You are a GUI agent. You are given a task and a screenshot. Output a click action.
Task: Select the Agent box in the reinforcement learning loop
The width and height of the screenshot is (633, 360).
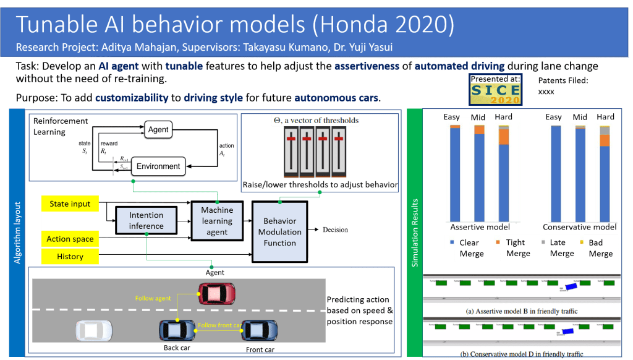pos(159,130)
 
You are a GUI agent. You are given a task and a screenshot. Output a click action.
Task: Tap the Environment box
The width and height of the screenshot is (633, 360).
pos(158,166)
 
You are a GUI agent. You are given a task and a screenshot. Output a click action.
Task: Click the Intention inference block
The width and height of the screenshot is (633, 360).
pos(147,221)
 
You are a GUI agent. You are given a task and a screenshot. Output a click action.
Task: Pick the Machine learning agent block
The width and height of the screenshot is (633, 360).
pos(217,221)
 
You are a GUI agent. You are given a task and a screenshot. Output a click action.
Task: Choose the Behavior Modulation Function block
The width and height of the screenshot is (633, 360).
pos(280,231)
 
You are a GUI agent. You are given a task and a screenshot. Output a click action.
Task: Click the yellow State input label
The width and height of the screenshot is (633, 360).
pos(70,204)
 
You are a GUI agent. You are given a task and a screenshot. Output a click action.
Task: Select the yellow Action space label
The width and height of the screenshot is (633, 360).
pos(70,239)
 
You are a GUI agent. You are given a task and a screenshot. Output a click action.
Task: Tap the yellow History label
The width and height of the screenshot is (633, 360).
pos(70,256)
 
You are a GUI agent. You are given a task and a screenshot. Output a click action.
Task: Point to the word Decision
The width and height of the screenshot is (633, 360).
pos(335,230)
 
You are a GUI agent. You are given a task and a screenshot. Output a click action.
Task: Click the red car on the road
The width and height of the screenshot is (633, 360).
pos(216,292)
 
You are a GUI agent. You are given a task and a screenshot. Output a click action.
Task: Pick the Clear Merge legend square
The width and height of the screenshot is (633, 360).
pos(453,242)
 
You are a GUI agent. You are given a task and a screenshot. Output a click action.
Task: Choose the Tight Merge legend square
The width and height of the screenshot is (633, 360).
pos(498,242)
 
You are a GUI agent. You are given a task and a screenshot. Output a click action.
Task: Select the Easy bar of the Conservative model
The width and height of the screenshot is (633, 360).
pos(555,173)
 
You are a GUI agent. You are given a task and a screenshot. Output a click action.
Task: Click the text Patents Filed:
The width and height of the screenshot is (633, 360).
pos(563,80)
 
